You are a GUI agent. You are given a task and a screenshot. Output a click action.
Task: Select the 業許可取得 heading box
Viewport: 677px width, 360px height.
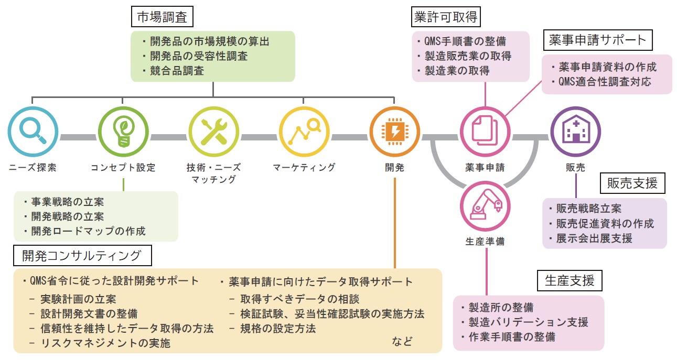[445, 17]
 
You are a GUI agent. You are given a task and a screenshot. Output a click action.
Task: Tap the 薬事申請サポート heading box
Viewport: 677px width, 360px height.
[598, 40]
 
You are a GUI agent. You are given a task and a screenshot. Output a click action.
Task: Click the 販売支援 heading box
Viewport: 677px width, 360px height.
[632, 183]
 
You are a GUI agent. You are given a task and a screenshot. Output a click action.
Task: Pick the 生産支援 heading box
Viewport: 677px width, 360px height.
[569, 281]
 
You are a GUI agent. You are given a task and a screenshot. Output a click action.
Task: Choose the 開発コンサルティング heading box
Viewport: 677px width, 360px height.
[82, 255]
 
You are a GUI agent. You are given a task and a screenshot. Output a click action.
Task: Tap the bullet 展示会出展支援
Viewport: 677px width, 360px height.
[594, 238]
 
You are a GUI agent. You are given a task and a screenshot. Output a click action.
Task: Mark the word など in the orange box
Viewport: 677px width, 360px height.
[402, 341]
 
